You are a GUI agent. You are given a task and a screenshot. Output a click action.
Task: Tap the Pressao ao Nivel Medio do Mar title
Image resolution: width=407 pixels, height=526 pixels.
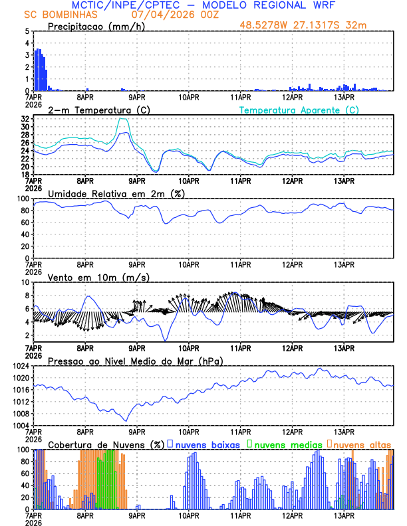coord(134,361)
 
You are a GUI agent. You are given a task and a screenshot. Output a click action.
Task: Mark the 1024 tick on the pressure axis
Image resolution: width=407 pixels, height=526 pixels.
coord(21,366)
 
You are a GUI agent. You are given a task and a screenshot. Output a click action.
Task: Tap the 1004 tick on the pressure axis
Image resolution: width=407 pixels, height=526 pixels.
coord(21,426)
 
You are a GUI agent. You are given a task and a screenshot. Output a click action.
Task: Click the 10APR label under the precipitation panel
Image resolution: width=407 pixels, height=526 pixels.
coord(189,97)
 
